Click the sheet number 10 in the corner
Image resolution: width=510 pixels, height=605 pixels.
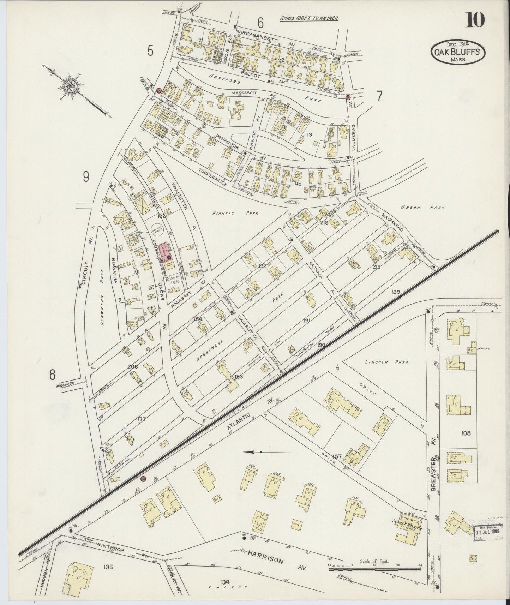475,19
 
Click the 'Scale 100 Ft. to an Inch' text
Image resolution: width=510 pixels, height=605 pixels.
309,18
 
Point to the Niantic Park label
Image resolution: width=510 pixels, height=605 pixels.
235,213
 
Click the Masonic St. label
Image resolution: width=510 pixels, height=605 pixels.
66,385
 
